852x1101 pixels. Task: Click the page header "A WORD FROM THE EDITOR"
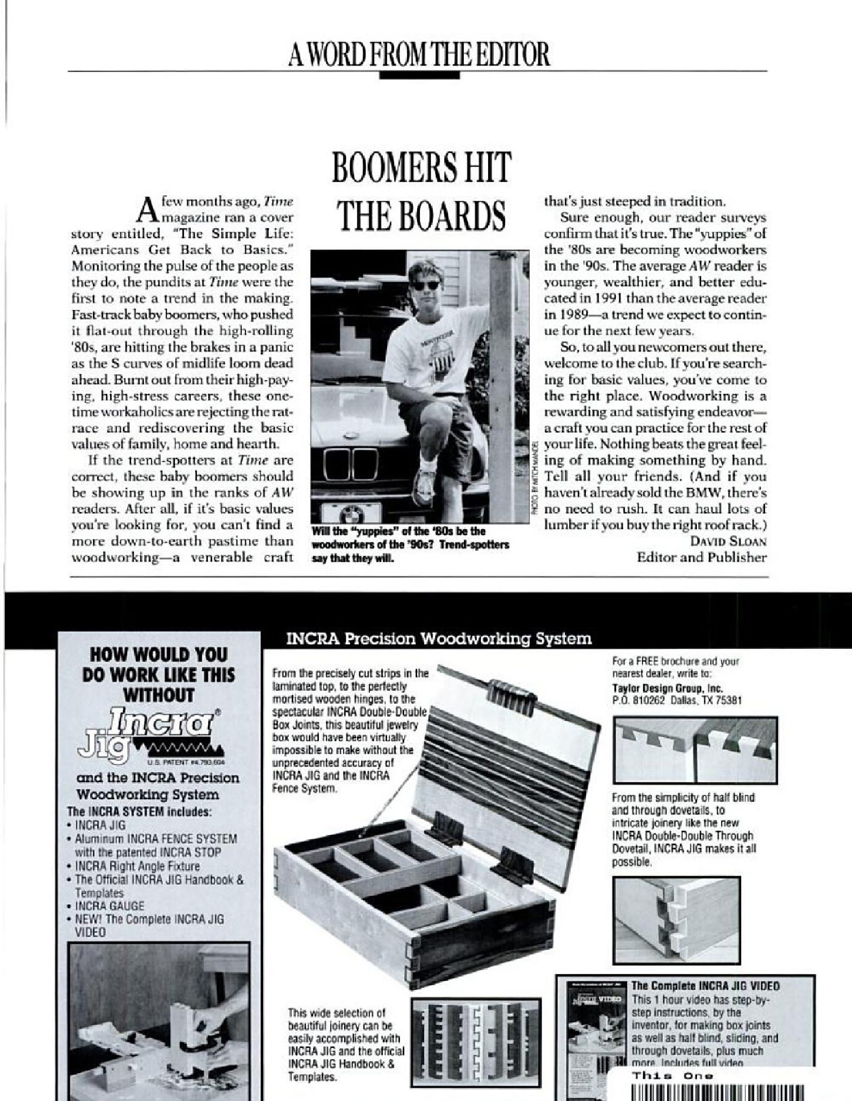(x=419, y=55)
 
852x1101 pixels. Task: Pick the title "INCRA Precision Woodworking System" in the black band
(x=438, y=639)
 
